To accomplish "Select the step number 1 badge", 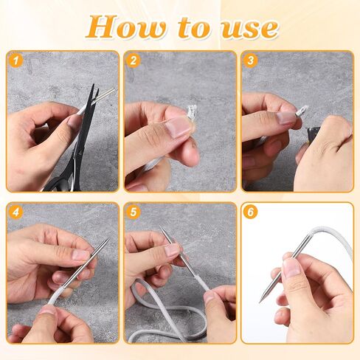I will point(16,61).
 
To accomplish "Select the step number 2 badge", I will point(134,61).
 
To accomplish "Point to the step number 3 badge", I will point(252,61).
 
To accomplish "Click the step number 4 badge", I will point(16,212).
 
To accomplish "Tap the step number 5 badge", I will point(134,212).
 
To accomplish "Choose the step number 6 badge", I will point(252,212).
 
